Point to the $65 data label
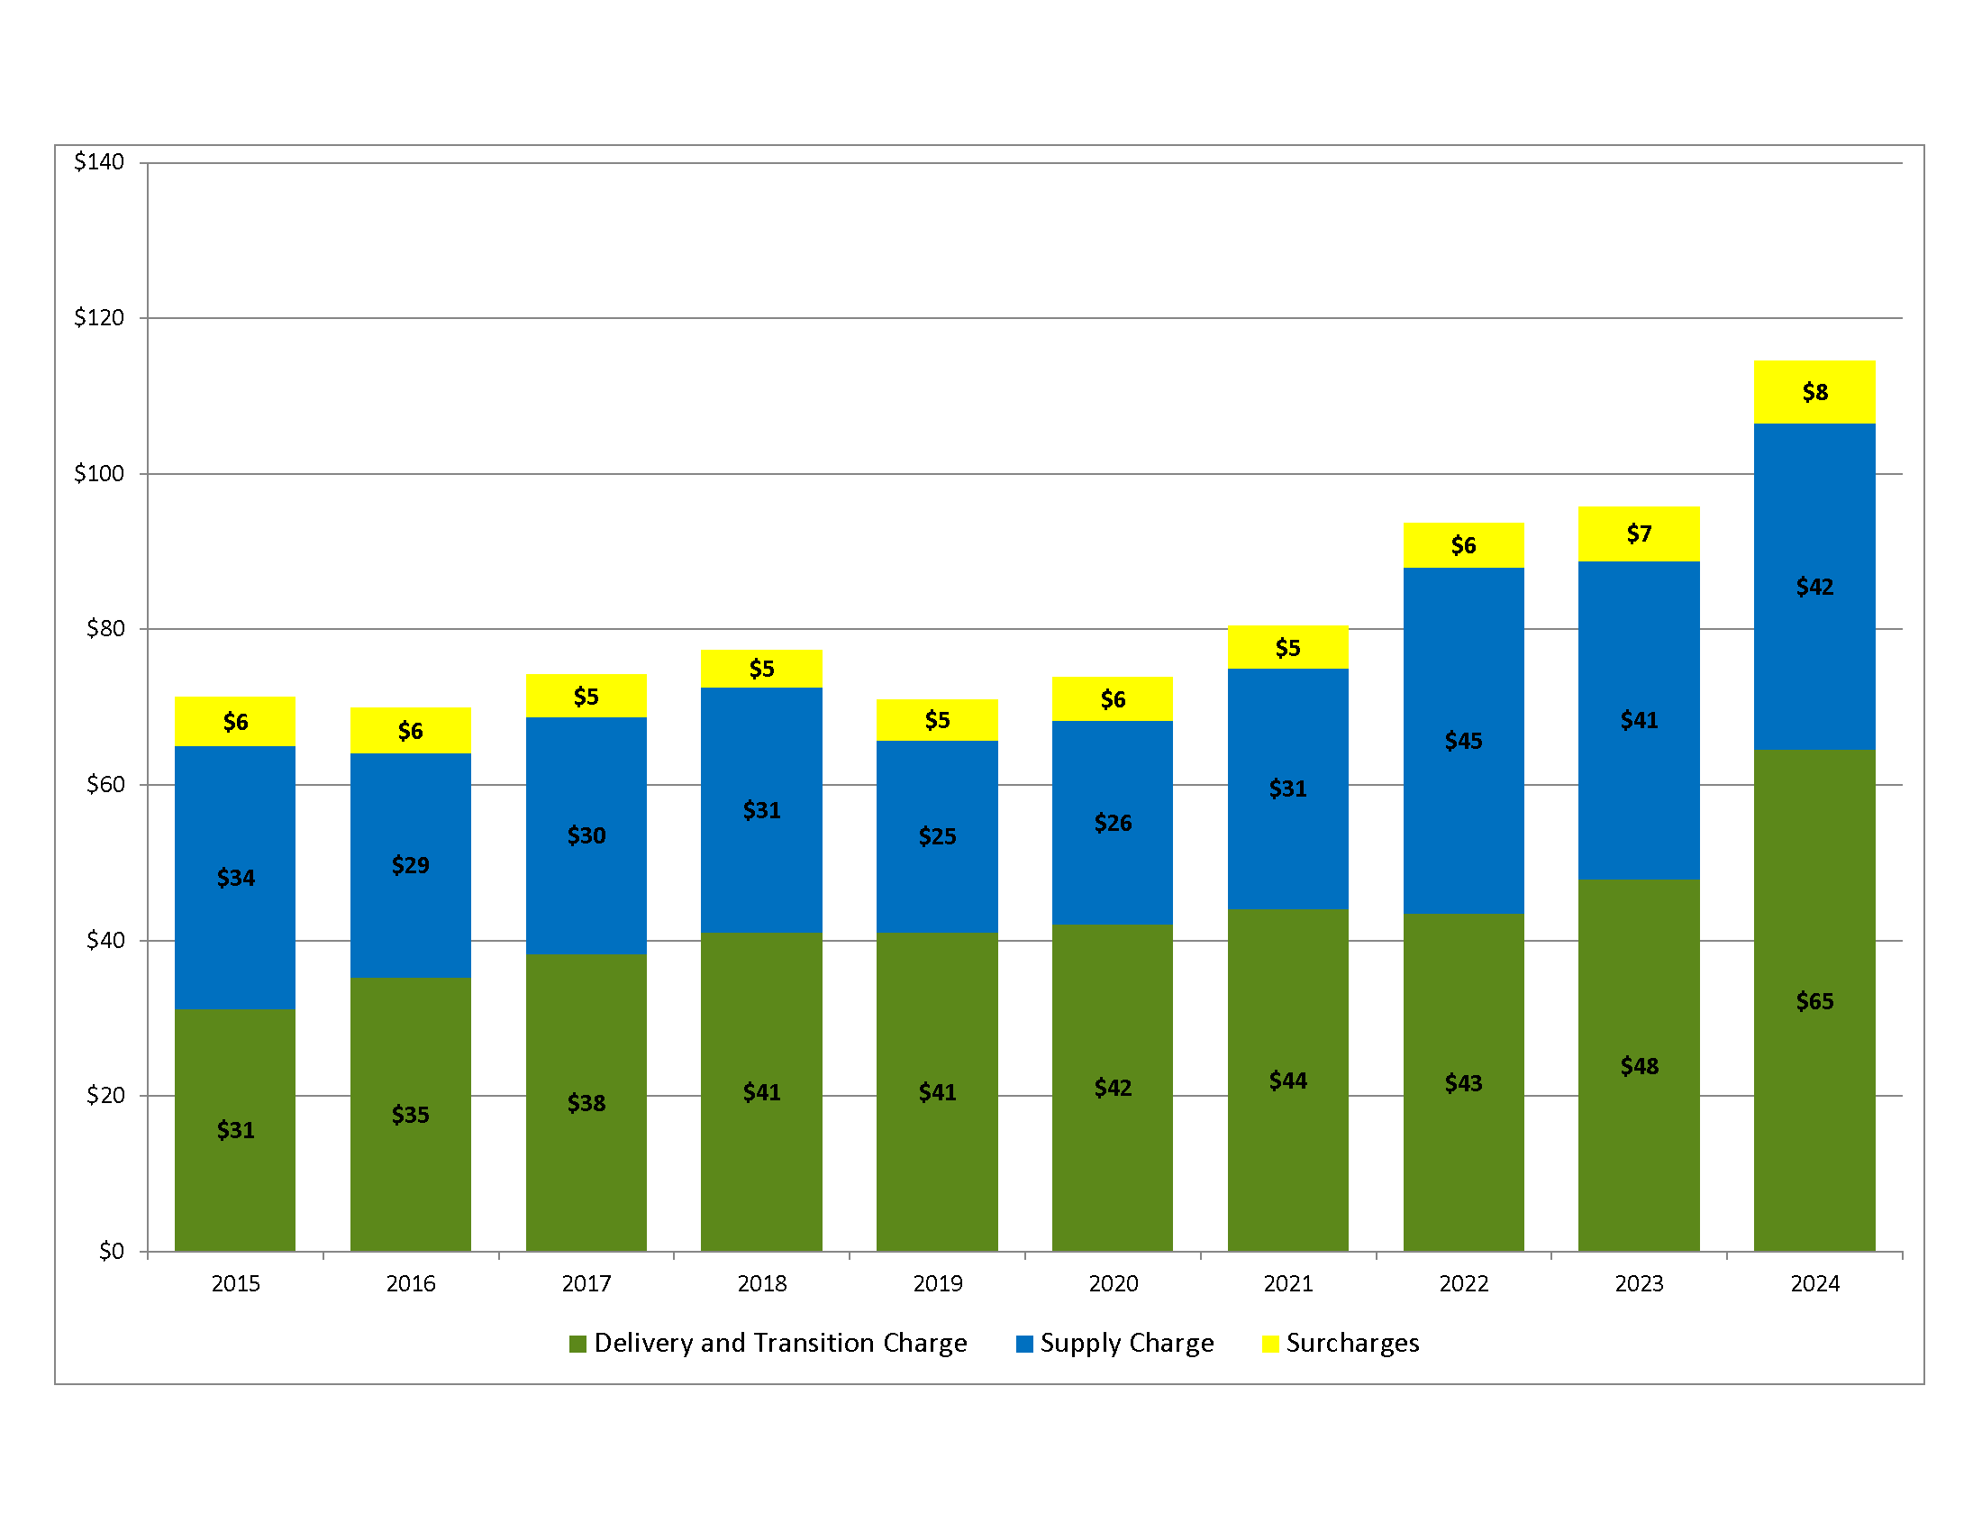pyautogui.click(x=1814, y=1001)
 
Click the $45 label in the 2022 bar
pyautogui.click(x=1463, y=741)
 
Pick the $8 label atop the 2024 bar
pyautogui.click(x=1814, y=392)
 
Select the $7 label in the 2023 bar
pyautogui.click(x=1638, y=533)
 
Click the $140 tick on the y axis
pyautogui.click(x=99, y=161)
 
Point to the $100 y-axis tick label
pyautogui.click(x=99, y=473)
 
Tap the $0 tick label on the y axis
pyautogui.click(x=111, y=1251)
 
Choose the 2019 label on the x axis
pyautogui.click(x=937, y=1283)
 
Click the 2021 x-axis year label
pyautogui.click(x=1287, y=1283)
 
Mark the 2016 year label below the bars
pyautogui.click(x=410, y=1283)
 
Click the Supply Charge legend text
pyautogui.click(x=1126, y=1343)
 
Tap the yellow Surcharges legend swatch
pyautogui.click(x=1269, y=1344)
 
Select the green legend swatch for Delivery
pyautogui.click(x=577, y=1344)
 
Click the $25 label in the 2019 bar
pyautogui.click(x=937, y=836)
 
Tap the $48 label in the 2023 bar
pyautogui.click(x=1638, y=1065)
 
